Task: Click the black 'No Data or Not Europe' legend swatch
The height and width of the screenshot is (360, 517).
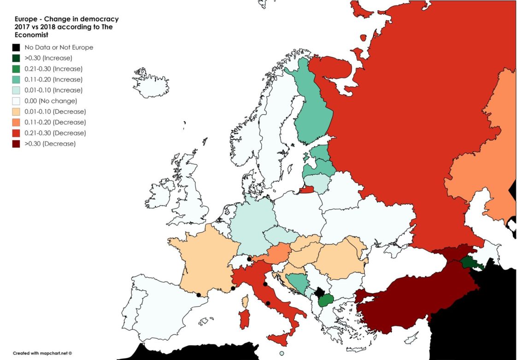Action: coord(16,47)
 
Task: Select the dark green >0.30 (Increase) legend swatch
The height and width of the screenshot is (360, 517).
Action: coord(16,58)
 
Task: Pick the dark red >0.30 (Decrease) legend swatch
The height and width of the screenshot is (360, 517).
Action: coord(16,143)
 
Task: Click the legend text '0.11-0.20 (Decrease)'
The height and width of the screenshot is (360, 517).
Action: coord(55,122)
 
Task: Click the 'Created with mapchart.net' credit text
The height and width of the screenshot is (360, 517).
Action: coord(42,353)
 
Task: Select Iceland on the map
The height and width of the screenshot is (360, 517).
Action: coord(151,83)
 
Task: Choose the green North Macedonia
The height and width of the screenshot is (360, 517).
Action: coord(327,300)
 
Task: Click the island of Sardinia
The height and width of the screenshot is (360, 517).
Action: coord(244,319)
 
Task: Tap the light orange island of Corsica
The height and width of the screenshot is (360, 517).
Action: coord(245,301)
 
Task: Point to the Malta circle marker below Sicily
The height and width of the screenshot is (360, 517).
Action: coord(282,354)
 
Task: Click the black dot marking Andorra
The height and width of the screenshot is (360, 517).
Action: coord(198,295)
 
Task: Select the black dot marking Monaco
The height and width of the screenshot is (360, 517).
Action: coord(233,289)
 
